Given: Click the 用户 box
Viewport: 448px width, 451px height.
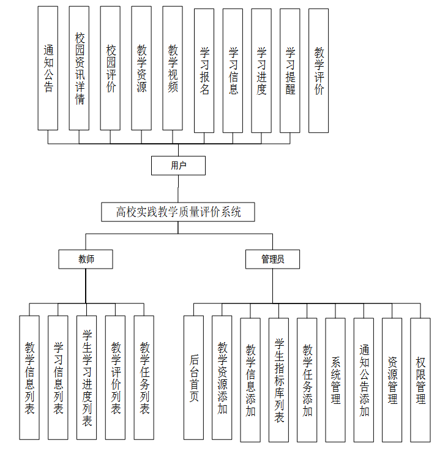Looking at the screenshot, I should (x=178, y=165).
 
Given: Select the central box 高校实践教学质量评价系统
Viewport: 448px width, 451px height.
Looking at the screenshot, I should (x=178, y=212).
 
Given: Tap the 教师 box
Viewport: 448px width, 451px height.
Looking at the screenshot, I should (x=86, y=259).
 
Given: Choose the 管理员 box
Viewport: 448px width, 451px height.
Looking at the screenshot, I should (x=272, y=259).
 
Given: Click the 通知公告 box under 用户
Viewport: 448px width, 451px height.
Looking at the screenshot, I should (x=48, y=68).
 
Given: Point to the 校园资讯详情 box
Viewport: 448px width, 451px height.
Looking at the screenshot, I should (x=79, y=68).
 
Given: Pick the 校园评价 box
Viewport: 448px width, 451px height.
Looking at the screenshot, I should (x=110, y=68).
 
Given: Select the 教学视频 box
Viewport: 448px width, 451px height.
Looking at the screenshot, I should (x=173, y=68).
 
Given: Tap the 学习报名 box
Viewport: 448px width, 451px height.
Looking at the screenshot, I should (x=204, y=70).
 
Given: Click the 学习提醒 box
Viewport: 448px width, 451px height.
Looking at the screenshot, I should (x=290, y=70).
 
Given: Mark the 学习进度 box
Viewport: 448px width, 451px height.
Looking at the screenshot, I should (x=261, y=70).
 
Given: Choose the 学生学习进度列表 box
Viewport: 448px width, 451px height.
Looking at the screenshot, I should (x=86, y=378).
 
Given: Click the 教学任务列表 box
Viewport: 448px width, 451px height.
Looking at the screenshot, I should (x=144, y=378).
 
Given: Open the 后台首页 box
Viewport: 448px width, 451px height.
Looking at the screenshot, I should (x=193, y=378).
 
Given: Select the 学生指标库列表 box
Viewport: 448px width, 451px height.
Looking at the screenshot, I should (x=278, y=379).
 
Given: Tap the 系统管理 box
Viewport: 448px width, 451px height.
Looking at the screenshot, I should (x=335, y=379).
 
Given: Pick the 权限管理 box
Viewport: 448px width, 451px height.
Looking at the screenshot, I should (x=420, y=379).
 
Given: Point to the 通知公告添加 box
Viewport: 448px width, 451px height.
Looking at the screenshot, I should (x=364, y=379).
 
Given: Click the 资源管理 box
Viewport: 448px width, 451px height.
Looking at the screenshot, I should (x=392, y=379).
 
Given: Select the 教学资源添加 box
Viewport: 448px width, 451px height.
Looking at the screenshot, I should (x=222, y=378).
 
